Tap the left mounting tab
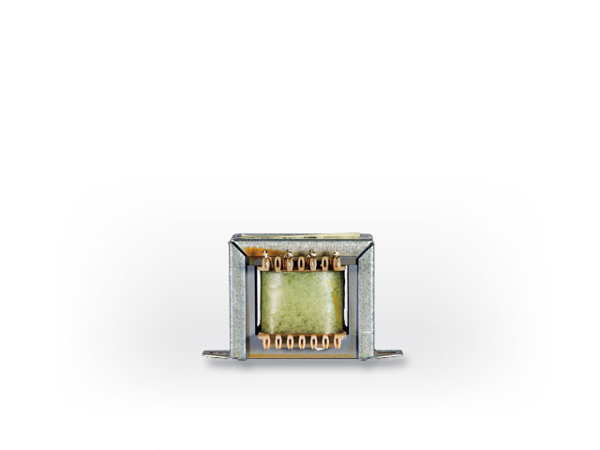coord(216,353)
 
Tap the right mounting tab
coord(388,353)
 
